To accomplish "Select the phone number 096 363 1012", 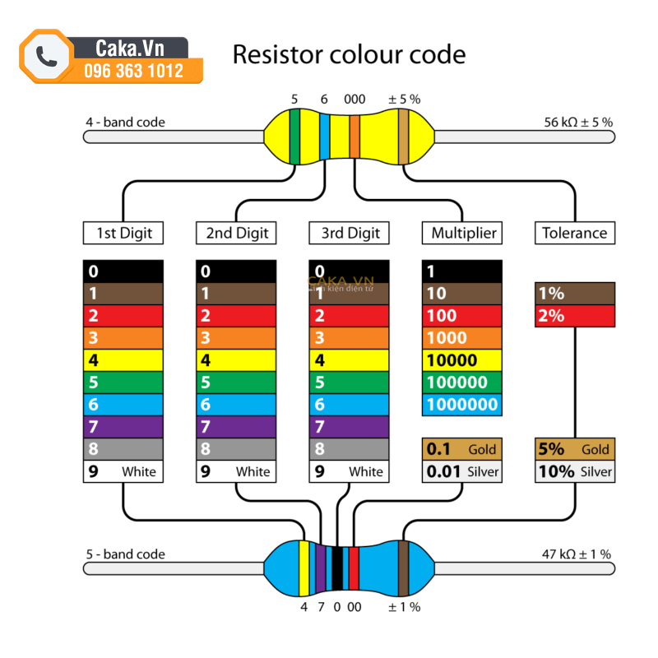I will [134, 71].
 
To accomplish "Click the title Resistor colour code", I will [349, 55].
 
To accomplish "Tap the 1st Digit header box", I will [124, 233].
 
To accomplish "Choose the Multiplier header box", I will [464, 233].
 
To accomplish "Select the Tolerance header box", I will [574, 233].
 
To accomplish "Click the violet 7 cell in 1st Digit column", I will [123, 427].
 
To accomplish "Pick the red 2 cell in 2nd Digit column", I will [237, 316].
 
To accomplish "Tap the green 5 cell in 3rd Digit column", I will [350, 382].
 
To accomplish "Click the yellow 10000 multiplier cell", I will [461, 360].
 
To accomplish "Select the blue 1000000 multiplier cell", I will [461, 405].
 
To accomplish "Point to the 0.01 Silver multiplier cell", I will [461, 471].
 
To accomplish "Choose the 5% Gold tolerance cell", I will [574, 449].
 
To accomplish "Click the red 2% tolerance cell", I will [574, 316].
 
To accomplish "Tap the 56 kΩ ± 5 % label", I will [577, 122].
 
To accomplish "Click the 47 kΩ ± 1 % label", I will [576, 554].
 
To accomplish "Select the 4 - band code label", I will [125, 123].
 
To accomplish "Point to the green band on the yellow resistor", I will [294, 136].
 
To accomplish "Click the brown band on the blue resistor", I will [404, 568].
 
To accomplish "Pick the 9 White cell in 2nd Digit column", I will [237, 471].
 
